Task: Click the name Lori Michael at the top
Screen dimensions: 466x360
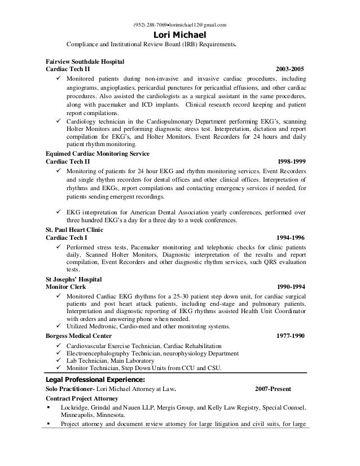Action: (x=180, y=35)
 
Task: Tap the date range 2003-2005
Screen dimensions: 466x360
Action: (x=289, y=68)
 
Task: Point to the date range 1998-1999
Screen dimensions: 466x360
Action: (x=289, y=161)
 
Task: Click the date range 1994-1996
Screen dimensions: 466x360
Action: (x=289, y=238)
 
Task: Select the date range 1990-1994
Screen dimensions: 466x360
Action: (x=289, y=287)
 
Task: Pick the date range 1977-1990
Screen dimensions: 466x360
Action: (x=289, y=335)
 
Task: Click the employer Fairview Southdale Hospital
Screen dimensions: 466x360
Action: (x=85, y=60)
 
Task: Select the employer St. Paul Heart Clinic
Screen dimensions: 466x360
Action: (x=73, y=230)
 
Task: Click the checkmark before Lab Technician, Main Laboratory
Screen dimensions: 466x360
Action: (x=54, y=361)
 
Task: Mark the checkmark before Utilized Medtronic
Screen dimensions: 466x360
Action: (x=54, y=326)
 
